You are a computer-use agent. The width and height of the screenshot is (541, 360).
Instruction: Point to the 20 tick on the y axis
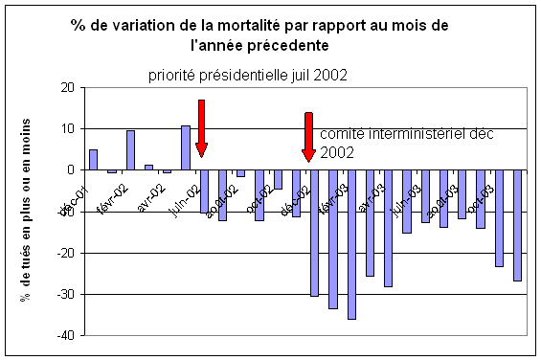66,87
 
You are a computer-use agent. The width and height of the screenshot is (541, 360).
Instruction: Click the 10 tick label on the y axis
66,128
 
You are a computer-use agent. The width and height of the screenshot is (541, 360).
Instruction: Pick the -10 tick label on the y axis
64,212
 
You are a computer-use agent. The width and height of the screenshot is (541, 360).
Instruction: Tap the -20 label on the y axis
64,253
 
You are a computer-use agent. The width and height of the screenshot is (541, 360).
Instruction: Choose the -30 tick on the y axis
64,295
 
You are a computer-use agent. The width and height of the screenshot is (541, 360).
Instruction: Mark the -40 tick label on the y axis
64,336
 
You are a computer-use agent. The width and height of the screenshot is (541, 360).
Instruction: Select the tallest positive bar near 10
186,147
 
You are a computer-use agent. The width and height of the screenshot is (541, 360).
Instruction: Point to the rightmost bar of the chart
518,225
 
